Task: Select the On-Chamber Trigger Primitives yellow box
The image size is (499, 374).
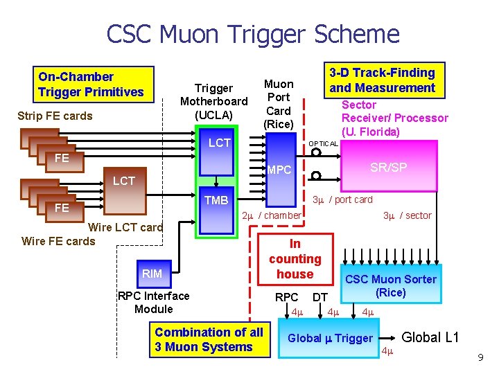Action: point(94,84)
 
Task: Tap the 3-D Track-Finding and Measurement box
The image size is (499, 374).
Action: point(383,80)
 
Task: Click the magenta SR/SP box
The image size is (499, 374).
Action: point(388,168)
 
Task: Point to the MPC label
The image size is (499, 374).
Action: point(280,170)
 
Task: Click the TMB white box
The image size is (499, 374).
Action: point(217,200)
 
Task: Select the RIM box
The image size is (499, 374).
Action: point(152,274)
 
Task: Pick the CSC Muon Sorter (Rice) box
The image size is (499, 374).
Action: point(391,286)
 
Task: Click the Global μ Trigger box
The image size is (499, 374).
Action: point(331,338)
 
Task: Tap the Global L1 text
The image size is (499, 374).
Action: point(430,337)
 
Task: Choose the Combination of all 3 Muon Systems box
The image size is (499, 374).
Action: point(209,339)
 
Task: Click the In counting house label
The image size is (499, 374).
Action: point(295,258)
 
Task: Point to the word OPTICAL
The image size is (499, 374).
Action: point(323,144)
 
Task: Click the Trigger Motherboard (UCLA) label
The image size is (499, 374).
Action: point(213,101)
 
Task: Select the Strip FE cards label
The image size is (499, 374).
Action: point(55,116)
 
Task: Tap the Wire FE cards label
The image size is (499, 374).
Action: point(59,241)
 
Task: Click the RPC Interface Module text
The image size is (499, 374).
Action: point(154,302)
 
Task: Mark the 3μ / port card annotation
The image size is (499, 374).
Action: point(342,199)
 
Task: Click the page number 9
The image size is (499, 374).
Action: point(480,358)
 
